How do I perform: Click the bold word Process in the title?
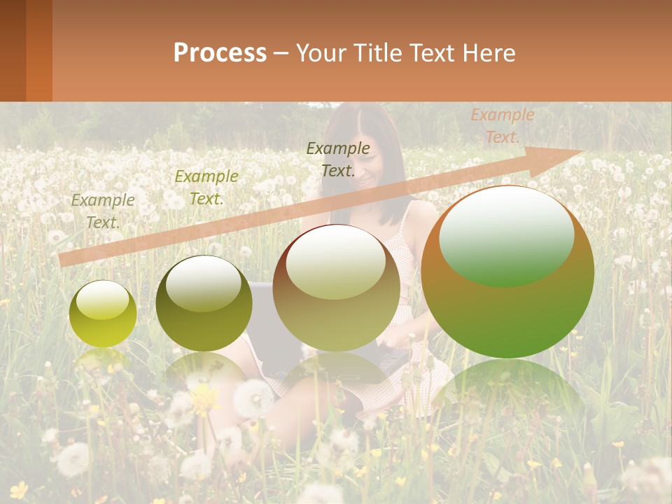tap(220, 53)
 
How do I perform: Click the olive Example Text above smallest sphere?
tap(103, 211)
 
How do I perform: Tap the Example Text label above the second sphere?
tap(206, 187)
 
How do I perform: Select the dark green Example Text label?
tap(338, 159)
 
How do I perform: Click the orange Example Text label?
tap(502, 126)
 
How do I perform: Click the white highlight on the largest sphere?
tap(506, 234)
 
